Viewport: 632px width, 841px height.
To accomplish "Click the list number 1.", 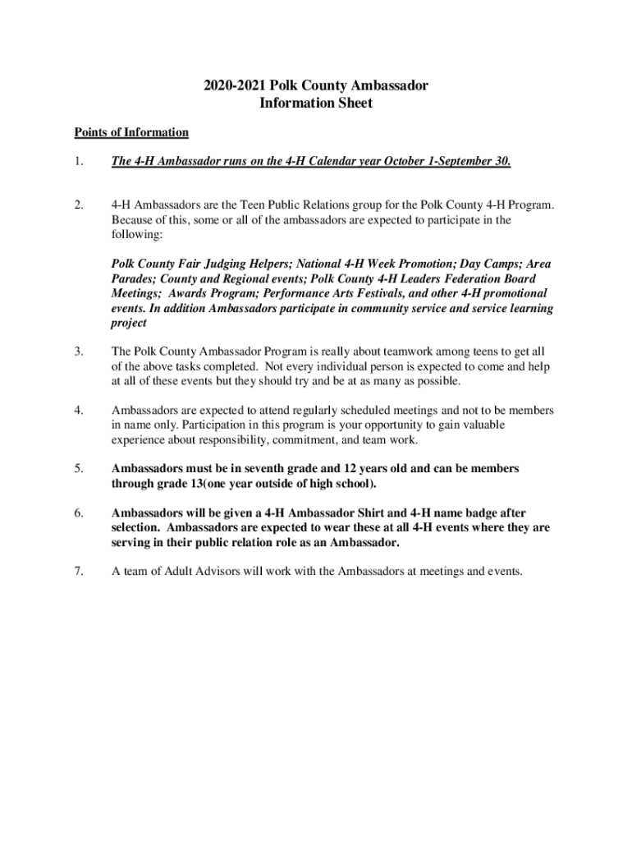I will coord(78,162).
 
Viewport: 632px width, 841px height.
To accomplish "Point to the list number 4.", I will coord(78,410).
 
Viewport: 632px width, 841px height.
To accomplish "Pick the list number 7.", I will coord(78,572).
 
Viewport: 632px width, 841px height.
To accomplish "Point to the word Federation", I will coord(445,279).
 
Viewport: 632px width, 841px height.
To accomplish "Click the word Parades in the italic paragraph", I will coord(134,279).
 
